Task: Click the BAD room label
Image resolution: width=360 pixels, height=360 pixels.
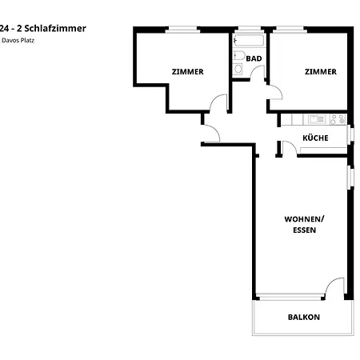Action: click(254, 58)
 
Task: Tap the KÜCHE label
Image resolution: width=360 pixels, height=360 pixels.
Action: click(315, 138)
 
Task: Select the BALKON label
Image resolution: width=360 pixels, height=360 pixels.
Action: click(303, 317)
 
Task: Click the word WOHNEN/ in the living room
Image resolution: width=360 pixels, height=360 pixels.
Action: click(304, 218)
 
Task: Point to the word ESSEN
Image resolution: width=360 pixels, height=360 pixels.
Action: click(304, 230)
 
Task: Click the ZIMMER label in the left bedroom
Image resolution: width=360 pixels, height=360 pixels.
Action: click(187, 71)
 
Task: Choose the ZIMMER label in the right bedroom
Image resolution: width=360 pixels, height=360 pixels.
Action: click(320, 71)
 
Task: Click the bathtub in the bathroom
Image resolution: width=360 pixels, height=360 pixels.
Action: click(250, 39)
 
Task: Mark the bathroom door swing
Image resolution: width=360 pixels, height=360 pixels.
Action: click(258, 74)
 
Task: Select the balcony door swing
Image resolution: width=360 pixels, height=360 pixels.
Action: click(335, 286)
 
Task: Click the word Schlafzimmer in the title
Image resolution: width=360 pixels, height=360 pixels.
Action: click(57, 28)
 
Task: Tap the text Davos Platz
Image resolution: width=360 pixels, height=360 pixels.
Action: click(18, 39)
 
